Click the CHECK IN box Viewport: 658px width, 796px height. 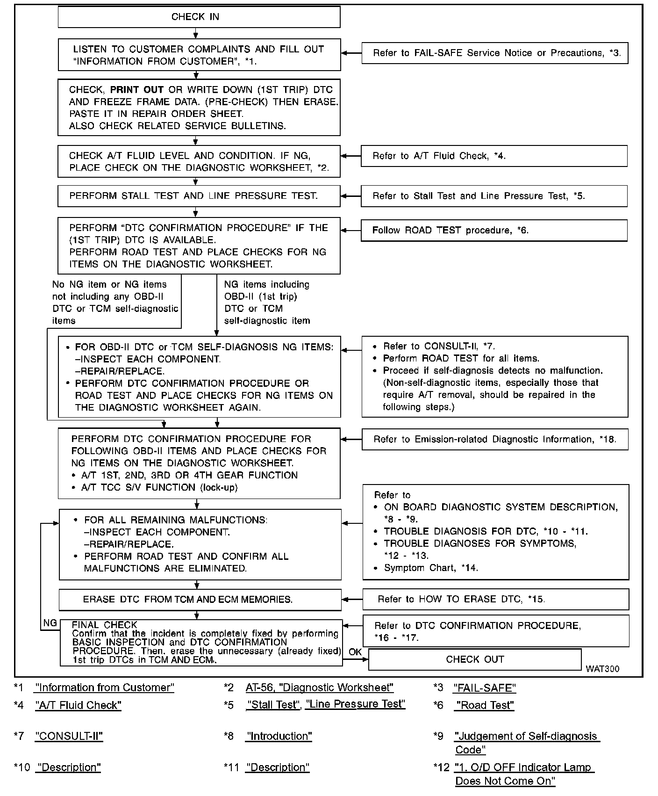(199, 17)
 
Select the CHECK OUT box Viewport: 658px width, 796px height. (475, 659)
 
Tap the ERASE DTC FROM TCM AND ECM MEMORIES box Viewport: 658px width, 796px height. (200, 600)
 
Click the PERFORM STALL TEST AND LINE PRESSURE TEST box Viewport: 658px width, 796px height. (199, 196)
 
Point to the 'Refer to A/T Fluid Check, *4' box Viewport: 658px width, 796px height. (494, 156)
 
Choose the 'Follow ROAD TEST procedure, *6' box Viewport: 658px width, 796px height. (494, 231)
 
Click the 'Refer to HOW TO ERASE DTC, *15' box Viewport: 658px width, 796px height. (495, 600)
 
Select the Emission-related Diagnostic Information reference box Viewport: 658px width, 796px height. (495, 440)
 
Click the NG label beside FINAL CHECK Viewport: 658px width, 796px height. (50, 623)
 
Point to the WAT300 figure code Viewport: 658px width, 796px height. (602, 669)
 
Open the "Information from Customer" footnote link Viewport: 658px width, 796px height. (105, 688)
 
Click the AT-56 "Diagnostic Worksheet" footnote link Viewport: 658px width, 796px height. (320, 688)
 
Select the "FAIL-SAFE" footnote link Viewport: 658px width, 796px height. (484, 688)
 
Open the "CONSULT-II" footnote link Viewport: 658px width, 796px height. (69, 736)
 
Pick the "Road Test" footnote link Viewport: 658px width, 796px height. (485, 705)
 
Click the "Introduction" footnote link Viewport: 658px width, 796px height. (279, 736)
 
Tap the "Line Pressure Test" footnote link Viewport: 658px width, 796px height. (355, 704)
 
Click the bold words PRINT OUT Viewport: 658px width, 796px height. (137, 90)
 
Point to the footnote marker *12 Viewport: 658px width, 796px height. (442, 767)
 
